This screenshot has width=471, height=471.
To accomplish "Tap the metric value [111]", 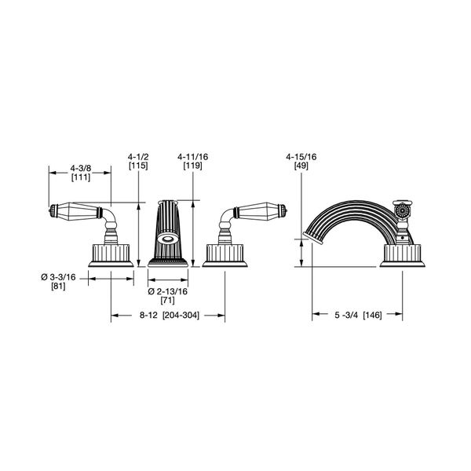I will [78, 179].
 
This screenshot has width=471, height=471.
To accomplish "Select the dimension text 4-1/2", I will [138, 156].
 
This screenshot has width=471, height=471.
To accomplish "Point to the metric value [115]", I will [138, 166].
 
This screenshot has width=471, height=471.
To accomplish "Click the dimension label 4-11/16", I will [191, 156].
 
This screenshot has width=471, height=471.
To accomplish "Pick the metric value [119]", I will [191, 166].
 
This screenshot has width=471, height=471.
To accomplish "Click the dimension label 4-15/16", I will [302, 156].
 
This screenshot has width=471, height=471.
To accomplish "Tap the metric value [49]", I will [302, 166].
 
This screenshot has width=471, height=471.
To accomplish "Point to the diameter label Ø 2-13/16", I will [168, 291].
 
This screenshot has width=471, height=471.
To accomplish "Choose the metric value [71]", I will [167, 301].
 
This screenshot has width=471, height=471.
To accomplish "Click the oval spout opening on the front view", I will [168, 240].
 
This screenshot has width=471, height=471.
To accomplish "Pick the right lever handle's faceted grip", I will [263, 212].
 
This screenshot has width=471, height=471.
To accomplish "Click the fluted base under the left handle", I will [110, 255].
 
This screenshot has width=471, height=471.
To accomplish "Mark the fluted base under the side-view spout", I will [403, 255].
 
